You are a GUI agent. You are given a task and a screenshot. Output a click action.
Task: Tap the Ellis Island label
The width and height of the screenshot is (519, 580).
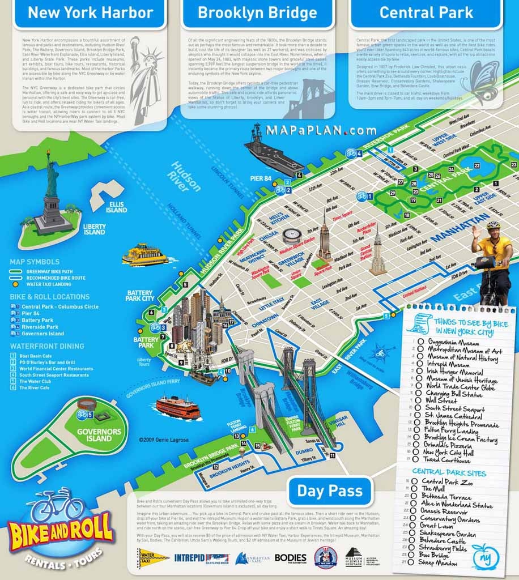point(116,207)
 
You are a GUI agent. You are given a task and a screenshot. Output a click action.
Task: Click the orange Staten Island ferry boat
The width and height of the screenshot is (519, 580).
point(178,407)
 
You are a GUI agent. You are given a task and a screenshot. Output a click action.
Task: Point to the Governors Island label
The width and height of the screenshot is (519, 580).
point(99,435)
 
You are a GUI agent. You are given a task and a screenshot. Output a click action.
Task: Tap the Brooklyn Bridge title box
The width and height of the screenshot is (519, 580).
point(257,12)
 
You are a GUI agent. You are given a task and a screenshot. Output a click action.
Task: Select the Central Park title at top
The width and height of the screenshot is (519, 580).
point(426,12)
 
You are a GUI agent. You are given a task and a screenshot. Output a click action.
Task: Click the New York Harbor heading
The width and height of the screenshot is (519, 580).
point(91,12)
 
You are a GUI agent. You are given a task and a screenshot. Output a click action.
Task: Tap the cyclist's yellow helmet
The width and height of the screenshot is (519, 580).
point(493,225)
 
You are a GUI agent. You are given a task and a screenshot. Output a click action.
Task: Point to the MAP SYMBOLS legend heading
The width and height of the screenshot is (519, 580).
point(35,262)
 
